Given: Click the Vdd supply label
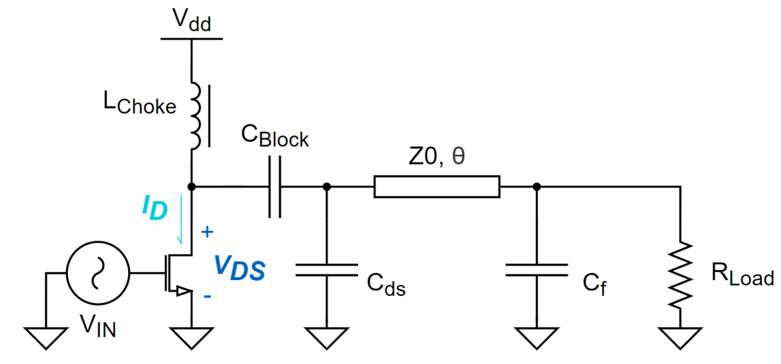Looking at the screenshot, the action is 191,20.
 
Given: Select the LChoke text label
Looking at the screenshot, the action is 140,105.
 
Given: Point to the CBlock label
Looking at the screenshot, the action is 275,135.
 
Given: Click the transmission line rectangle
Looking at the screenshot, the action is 436,187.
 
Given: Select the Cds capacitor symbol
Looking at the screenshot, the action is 326,270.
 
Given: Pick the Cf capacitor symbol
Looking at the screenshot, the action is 537,270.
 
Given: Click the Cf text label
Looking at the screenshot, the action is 594,284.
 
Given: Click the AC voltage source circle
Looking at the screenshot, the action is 98,274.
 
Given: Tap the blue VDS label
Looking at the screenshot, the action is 240,268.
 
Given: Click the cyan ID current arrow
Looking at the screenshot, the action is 182,220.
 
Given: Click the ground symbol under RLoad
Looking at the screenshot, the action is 680,338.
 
